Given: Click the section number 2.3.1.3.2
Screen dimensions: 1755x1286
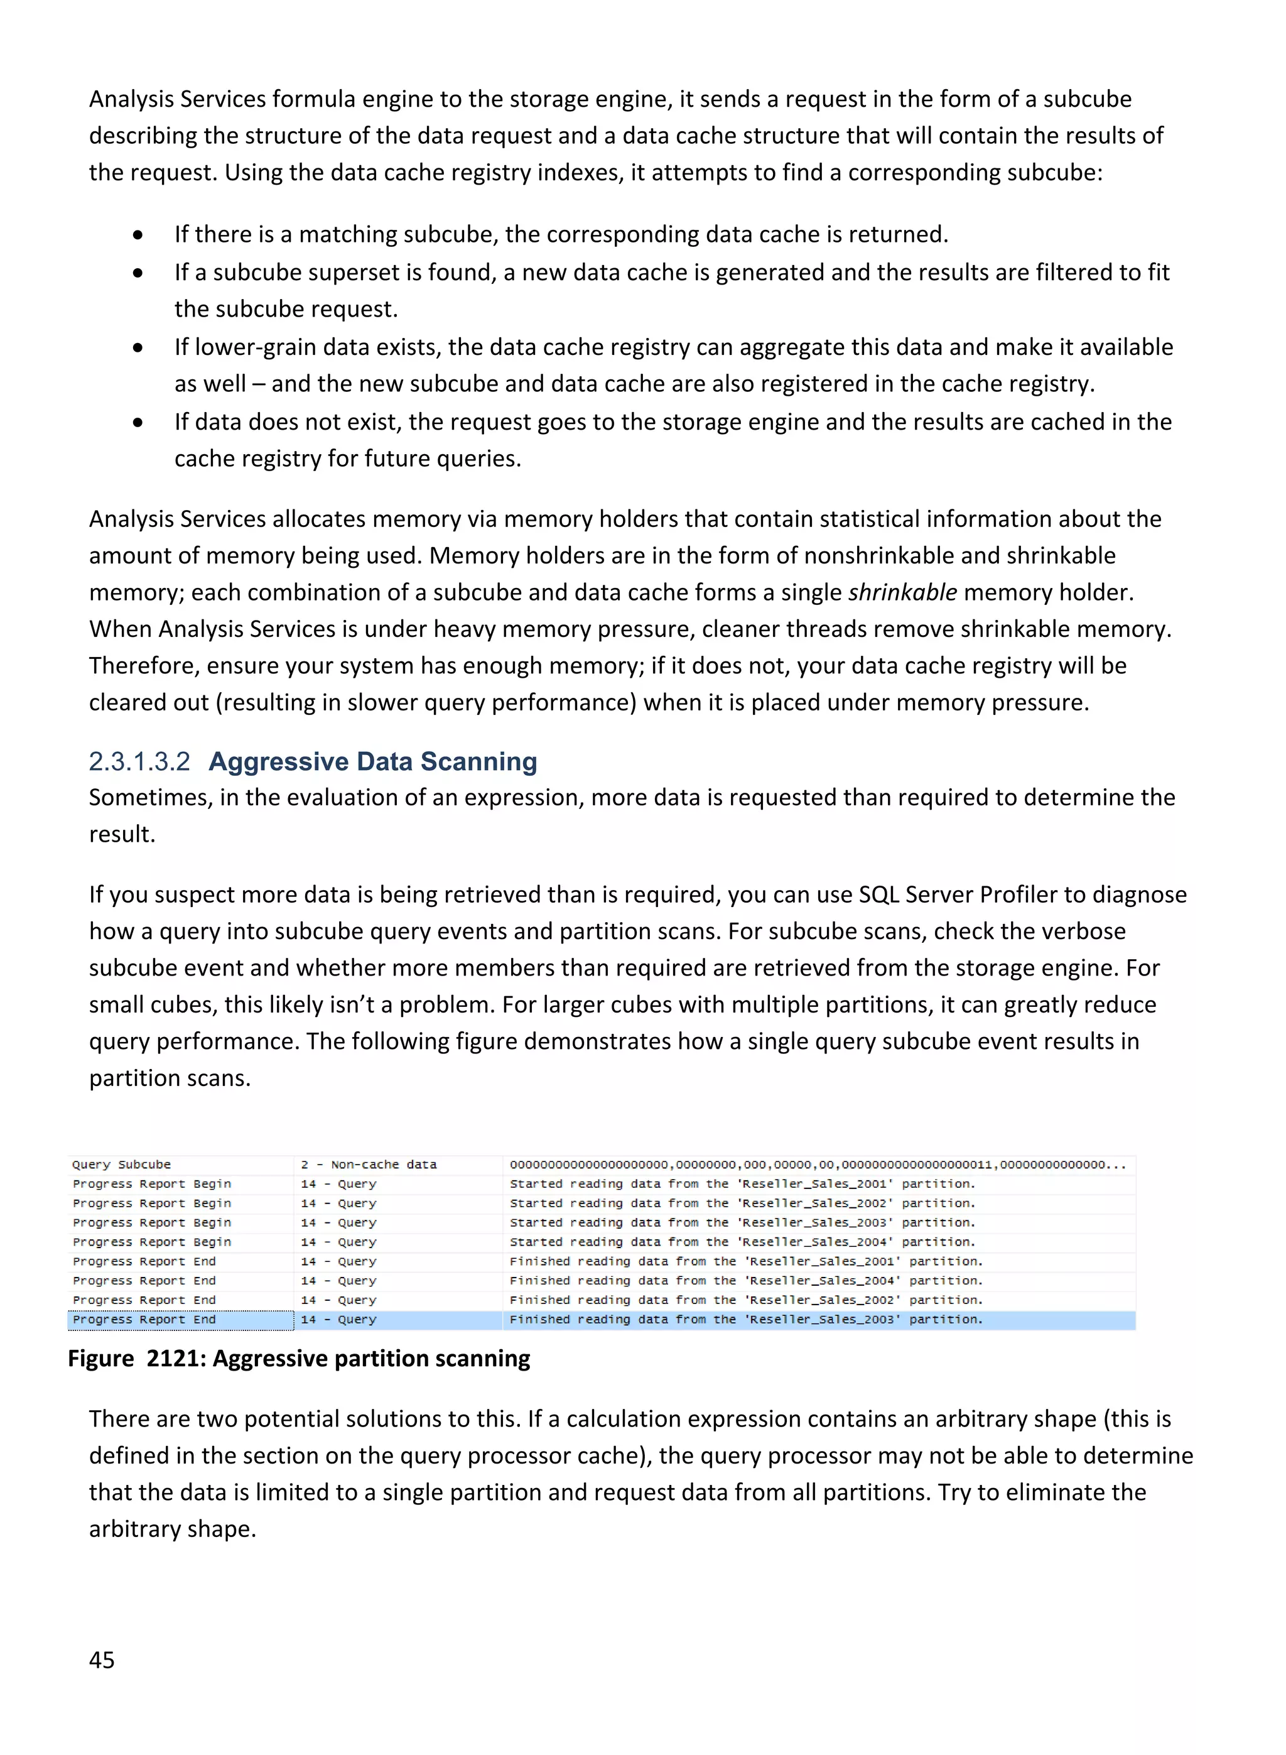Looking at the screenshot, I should click(139, 761).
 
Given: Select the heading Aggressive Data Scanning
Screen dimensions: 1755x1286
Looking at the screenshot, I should click(373, 761).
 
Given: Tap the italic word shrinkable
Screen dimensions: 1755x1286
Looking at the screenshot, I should click(902, 592).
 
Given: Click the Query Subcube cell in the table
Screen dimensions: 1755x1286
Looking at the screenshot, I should click(121, 1165).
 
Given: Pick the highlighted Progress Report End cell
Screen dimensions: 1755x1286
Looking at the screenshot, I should click(145, 1320).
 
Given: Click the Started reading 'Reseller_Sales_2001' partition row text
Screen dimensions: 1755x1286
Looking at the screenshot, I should click(742, 1184).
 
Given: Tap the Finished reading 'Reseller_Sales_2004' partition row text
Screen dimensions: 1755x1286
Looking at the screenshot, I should click(746, 1281).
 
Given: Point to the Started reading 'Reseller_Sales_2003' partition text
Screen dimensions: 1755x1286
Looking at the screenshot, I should click(742, 1222).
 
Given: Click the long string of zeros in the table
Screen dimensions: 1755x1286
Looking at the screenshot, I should click(818, 1165).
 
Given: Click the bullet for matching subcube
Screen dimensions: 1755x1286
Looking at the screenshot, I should click(138, 235).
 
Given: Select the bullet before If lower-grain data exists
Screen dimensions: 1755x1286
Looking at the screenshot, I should click(138, 348).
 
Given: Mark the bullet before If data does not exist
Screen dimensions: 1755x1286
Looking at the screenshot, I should click(138, 423).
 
